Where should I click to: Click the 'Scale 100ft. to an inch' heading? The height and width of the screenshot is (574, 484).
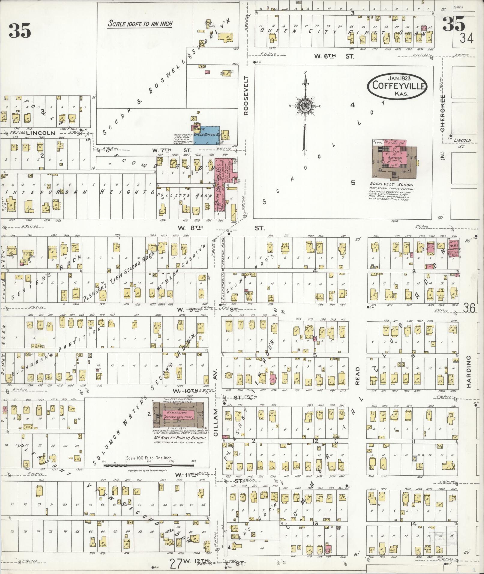140,24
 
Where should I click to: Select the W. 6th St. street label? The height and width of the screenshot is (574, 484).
334,56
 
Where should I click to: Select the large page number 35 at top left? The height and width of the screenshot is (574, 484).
20,30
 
